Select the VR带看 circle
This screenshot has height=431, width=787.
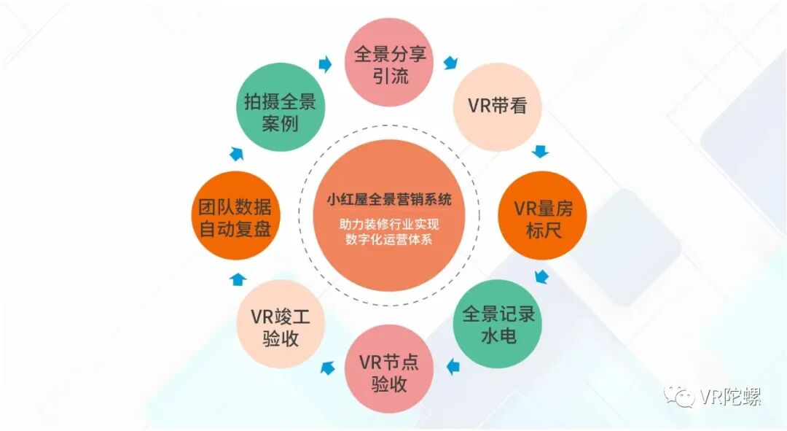[x=496, y=106]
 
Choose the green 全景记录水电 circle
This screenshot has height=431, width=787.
[x=498, y=323]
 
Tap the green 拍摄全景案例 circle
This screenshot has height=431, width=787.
[x=280, y=108]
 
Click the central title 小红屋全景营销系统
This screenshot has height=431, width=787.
[x=389, y=198]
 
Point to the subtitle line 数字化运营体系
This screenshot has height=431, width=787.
[x=389, y=239]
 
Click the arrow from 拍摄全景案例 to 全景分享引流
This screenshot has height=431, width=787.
[x=325, y=65]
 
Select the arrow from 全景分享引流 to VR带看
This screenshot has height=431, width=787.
[x=451, y=63]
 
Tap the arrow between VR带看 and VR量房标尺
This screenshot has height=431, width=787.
[x=540, y=152]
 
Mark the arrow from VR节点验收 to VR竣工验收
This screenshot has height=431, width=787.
[x=327, y=368]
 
